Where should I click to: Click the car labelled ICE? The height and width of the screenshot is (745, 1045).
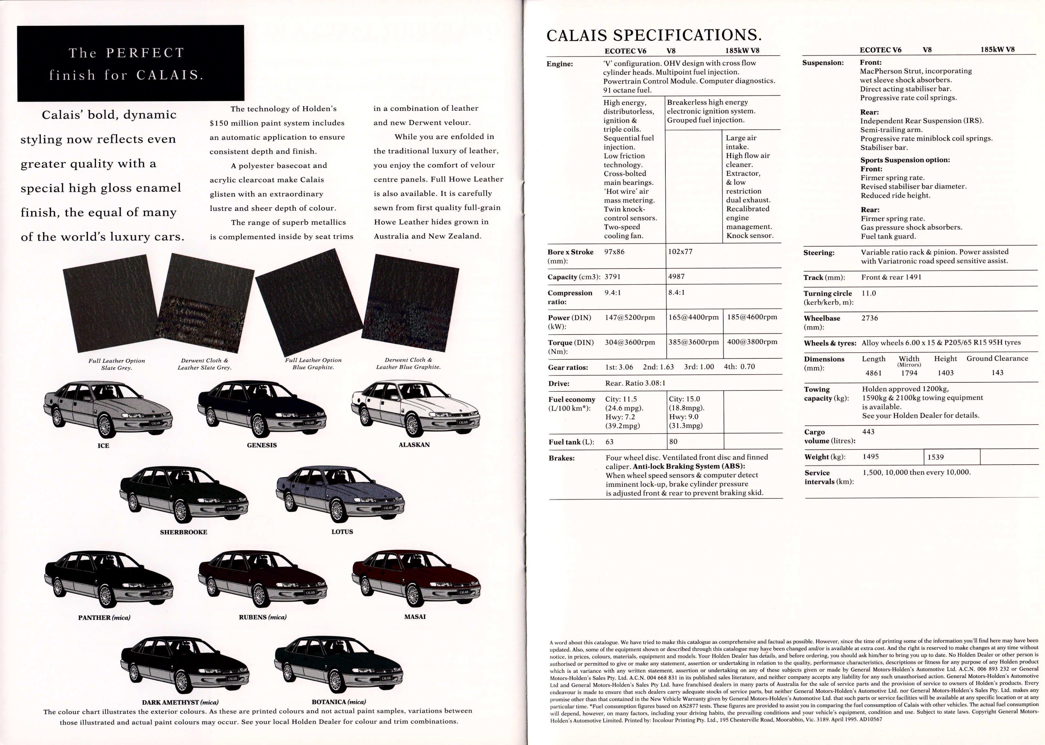click(108, 408)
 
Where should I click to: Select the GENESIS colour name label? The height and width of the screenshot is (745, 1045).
click(261, 445)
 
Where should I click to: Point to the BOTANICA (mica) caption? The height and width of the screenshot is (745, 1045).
click(339, 702)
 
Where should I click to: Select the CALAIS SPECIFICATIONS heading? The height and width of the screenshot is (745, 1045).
click(654, 35)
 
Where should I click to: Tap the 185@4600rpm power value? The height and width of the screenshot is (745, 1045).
click(752, 317)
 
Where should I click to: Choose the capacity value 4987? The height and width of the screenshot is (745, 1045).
click(676, 277)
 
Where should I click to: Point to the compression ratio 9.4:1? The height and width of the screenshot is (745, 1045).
click(613, 293)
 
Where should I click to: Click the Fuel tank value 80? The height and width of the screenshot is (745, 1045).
click(673, 442)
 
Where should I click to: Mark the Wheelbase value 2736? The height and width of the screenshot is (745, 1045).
click(870, 318)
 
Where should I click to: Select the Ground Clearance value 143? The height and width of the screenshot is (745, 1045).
click(997, 373)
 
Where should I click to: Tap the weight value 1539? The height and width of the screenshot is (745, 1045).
click(935, 457)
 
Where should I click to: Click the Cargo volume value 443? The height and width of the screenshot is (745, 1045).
click(868, 432)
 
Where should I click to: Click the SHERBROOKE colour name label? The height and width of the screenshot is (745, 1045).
click(183, 532)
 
